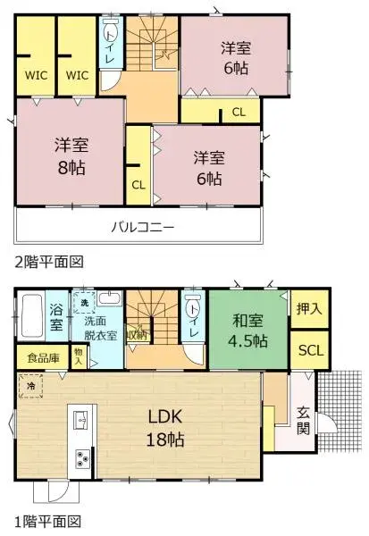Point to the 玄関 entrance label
pos(304,421)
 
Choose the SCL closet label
pos(310,348)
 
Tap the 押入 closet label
pos(310,309)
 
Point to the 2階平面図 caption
pos(49,262)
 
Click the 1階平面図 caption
pos(49,521)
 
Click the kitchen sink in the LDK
pos(80,419)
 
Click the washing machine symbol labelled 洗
pos(85,301)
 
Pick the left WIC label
pos(36,75)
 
